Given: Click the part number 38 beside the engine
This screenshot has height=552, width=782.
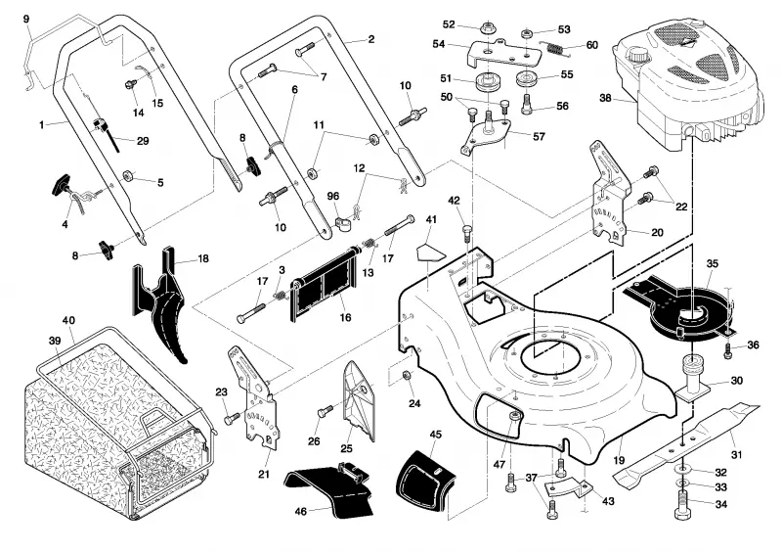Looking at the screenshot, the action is point(605,98).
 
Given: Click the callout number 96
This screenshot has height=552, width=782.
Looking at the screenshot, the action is point(333,197).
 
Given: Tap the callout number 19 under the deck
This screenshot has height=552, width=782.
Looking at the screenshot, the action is point(619,460).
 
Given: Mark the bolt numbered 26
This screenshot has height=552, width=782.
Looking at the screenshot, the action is point(325,412).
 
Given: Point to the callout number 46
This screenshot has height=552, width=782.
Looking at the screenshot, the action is point(301,512).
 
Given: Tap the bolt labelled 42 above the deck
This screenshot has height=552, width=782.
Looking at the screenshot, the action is point(467,233).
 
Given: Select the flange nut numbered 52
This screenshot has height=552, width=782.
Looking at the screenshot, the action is point(487,28).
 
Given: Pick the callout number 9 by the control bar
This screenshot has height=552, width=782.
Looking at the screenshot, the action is point(26,20).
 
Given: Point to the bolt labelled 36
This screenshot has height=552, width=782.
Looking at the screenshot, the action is point(728,350).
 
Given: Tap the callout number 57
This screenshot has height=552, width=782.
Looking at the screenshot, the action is point(540,136).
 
